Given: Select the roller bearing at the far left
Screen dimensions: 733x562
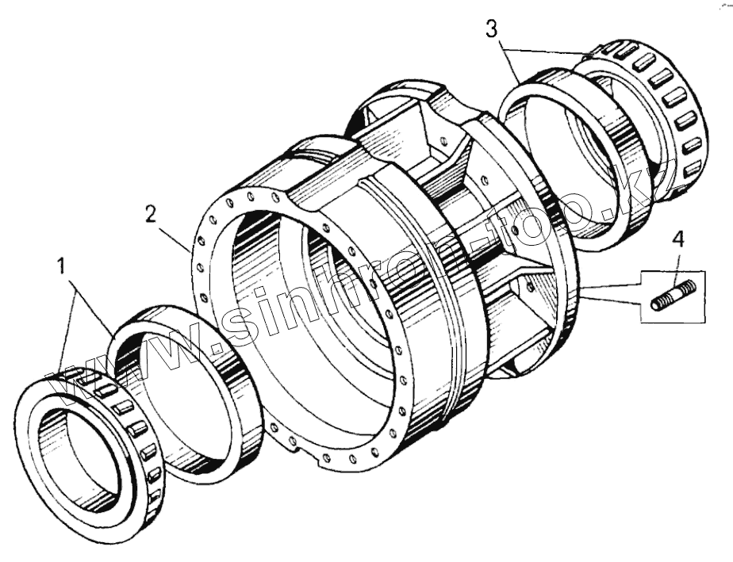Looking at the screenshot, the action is (x=91, y=455).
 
